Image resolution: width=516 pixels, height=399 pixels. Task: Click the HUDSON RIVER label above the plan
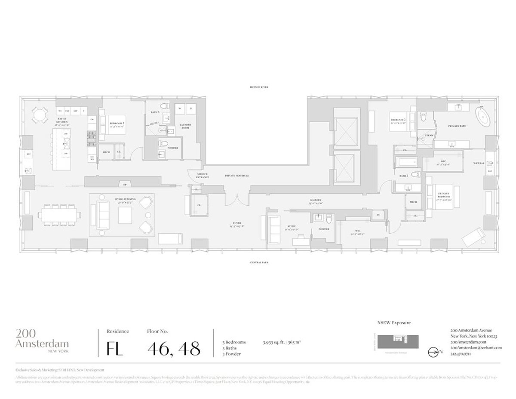click(259, 87)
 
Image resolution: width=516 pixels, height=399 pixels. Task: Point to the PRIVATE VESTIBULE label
click(237, 176)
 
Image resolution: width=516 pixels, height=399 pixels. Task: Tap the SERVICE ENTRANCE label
click(203, 176)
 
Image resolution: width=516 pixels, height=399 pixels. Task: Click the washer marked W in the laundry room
click(178, 109)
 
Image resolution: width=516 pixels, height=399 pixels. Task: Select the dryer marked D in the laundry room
click(190, 109)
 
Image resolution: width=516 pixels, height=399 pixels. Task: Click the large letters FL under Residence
click(115, 348)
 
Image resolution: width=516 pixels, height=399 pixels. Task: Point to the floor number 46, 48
click(174, 348)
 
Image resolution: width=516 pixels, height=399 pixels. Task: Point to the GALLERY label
click(316, 200)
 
